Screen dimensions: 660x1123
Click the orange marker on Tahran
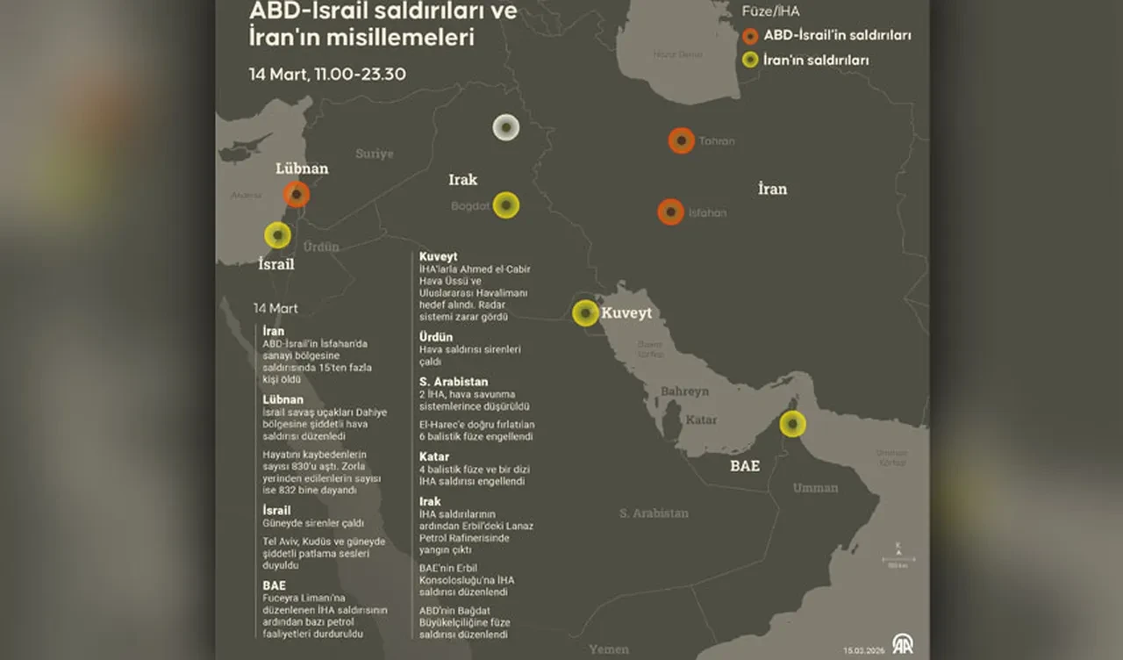(681, 140)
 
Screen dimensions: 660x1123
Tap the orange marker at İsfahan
(670, 212)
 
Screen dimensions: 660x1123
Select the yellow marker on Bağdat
(506, 205)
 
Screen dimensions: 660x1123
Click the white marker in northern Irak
(505, 127)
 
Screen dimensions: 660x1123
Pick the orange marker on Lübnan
(297, 194)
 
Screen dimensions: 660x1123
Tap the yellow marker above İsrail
(277, 235)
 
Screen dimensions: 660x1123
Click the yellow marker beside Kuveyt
(585, 313)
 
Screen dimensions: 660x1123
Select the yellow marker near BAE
(792, 425)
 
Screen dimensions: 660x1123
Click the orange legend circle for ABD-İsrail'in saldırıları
(749, 36)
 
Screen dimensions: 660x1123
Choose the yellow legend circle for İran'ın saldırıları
(749, 61)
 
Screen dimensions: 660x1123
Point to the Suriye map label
(375, 154)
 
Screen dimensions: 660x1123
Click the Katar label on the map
(701, 420)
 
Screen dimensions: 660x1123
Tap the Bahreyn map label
(683, 390)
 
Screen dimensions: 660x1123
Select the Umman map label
(815, 488)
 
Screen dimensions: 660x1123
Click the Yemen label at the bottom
(609, 649)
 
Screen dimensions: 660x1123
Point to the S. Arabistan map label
(654, 513)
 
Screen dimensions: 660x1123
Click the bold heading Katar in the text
(434, 456)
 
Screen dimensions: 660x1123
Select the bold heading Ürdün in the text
(436, 336)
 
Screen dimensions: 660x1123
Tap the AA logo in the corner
(902, 643)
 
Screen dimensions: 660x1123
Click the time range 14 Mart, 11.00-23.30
(326, 74)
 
